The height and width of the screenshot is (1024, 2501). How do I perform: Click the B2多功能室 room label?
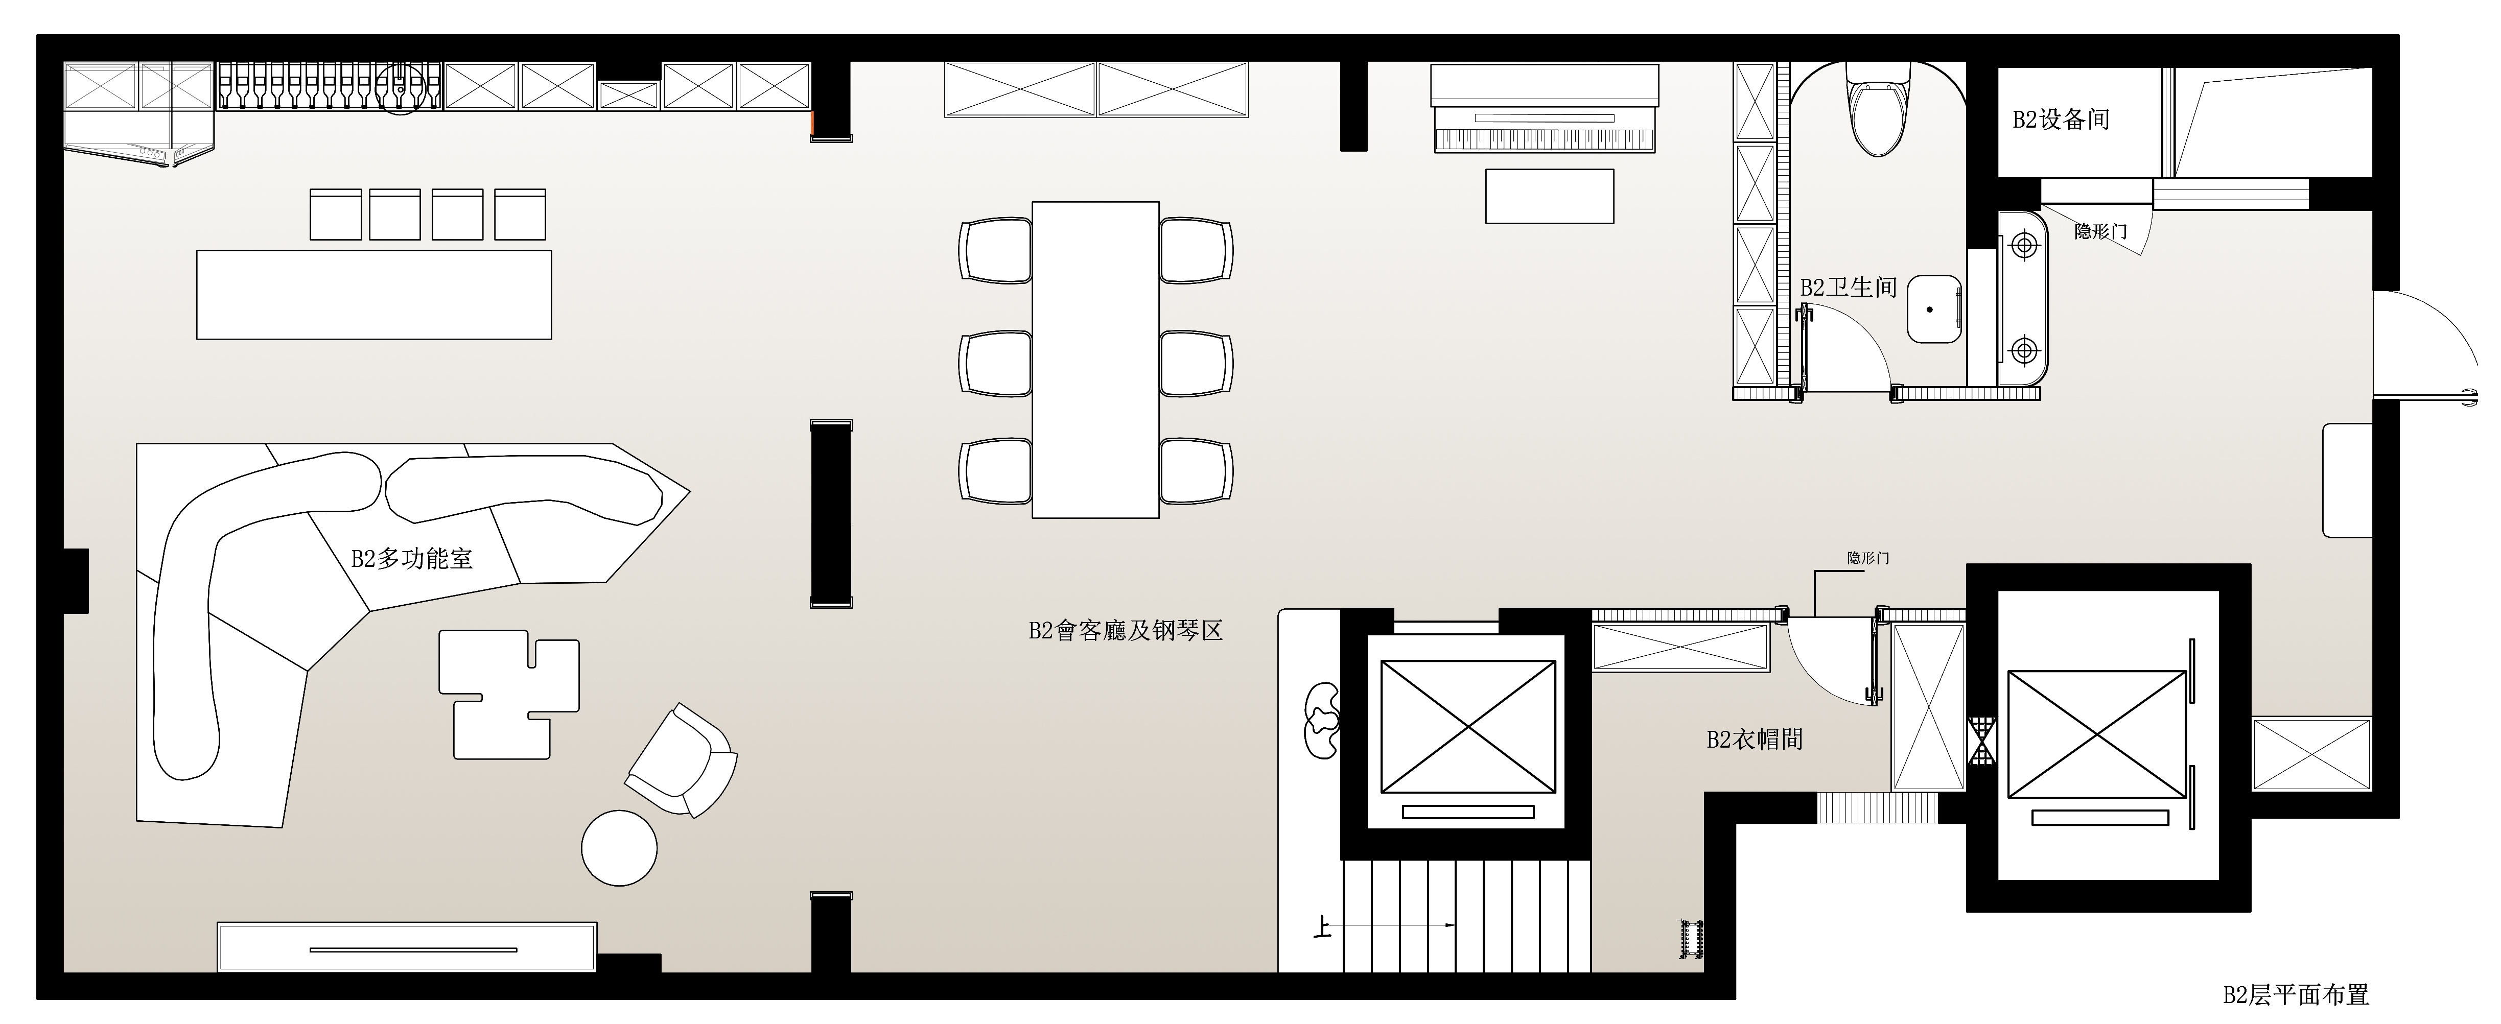(x=412, y=559)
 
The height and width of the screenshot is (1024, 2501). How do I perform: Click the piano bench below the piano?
(x=1550, y=196)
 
